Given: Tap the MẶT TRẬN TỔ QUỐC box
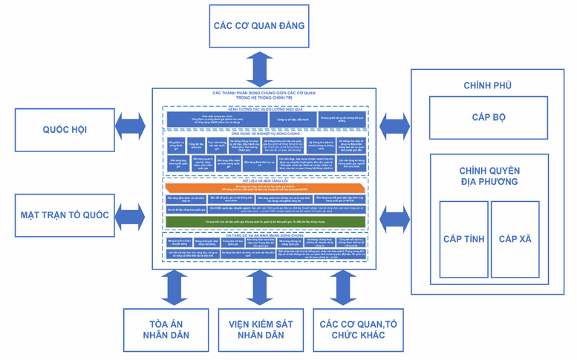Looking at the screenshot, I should point(64,215).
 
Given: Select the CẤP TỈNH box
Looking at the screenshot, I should point(463,239).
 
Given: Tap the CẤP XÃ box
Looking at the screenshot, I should point(515,239).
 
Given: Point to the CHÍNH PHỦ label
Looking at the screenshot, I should point(487,85).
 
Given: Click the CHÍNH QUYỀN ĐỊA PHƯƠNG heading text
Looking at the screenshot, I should point(489,176).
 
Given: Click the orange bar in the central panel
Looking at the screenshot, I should point(265,188).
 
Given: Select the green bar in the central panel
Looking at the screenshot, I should point(265,222).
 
